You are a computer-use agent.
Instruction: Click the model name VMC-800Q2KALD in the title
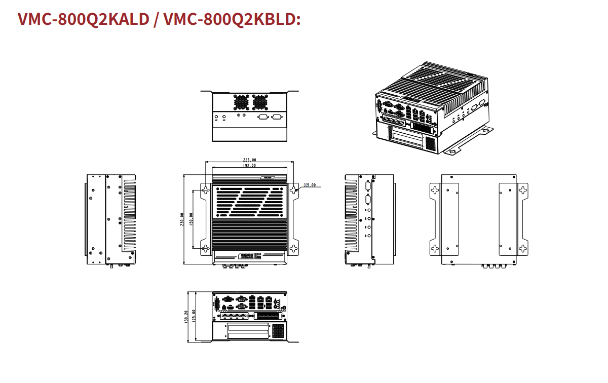(84, 19)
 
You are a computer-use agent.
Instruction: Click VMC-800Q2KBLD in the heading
(232, 19)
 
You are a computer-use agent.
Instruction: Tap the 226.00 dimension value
(249, 160)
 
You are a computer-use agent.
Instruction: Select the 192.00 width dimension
(249, 165)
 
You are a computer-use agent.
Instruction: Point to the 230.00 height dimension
(182, 219)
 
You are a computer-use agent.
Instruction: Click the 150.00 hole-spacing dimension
(191, 219)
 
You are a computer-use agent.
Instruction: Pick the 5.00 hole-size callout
(310, 185)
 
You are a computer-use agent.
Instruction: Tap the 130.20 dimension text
(186, 317)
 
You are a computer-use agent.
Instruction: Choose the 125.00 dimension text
(194, 316)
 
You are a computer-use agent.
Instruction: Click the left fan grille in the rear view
(241, 102)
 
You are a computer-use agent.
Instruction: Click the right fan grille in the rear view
(260, 102)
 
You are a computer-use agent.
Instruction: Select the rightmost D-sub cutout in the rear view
(277, 117)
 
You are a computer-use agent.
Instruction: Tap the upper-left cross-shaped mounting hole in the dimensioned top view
(206, 190)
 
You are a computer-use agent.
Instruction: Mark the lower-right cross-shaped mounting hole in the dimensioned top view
(293, 248)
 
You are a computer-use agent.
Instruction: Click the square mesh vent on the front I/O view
(278, 331)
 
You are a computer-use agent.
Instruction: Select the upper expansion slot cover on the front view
(248, 327)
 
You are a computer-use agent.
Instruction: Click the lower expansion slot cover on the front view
(248, 335)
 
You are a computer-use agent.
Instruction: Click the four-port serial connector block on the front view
(234, 316)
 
